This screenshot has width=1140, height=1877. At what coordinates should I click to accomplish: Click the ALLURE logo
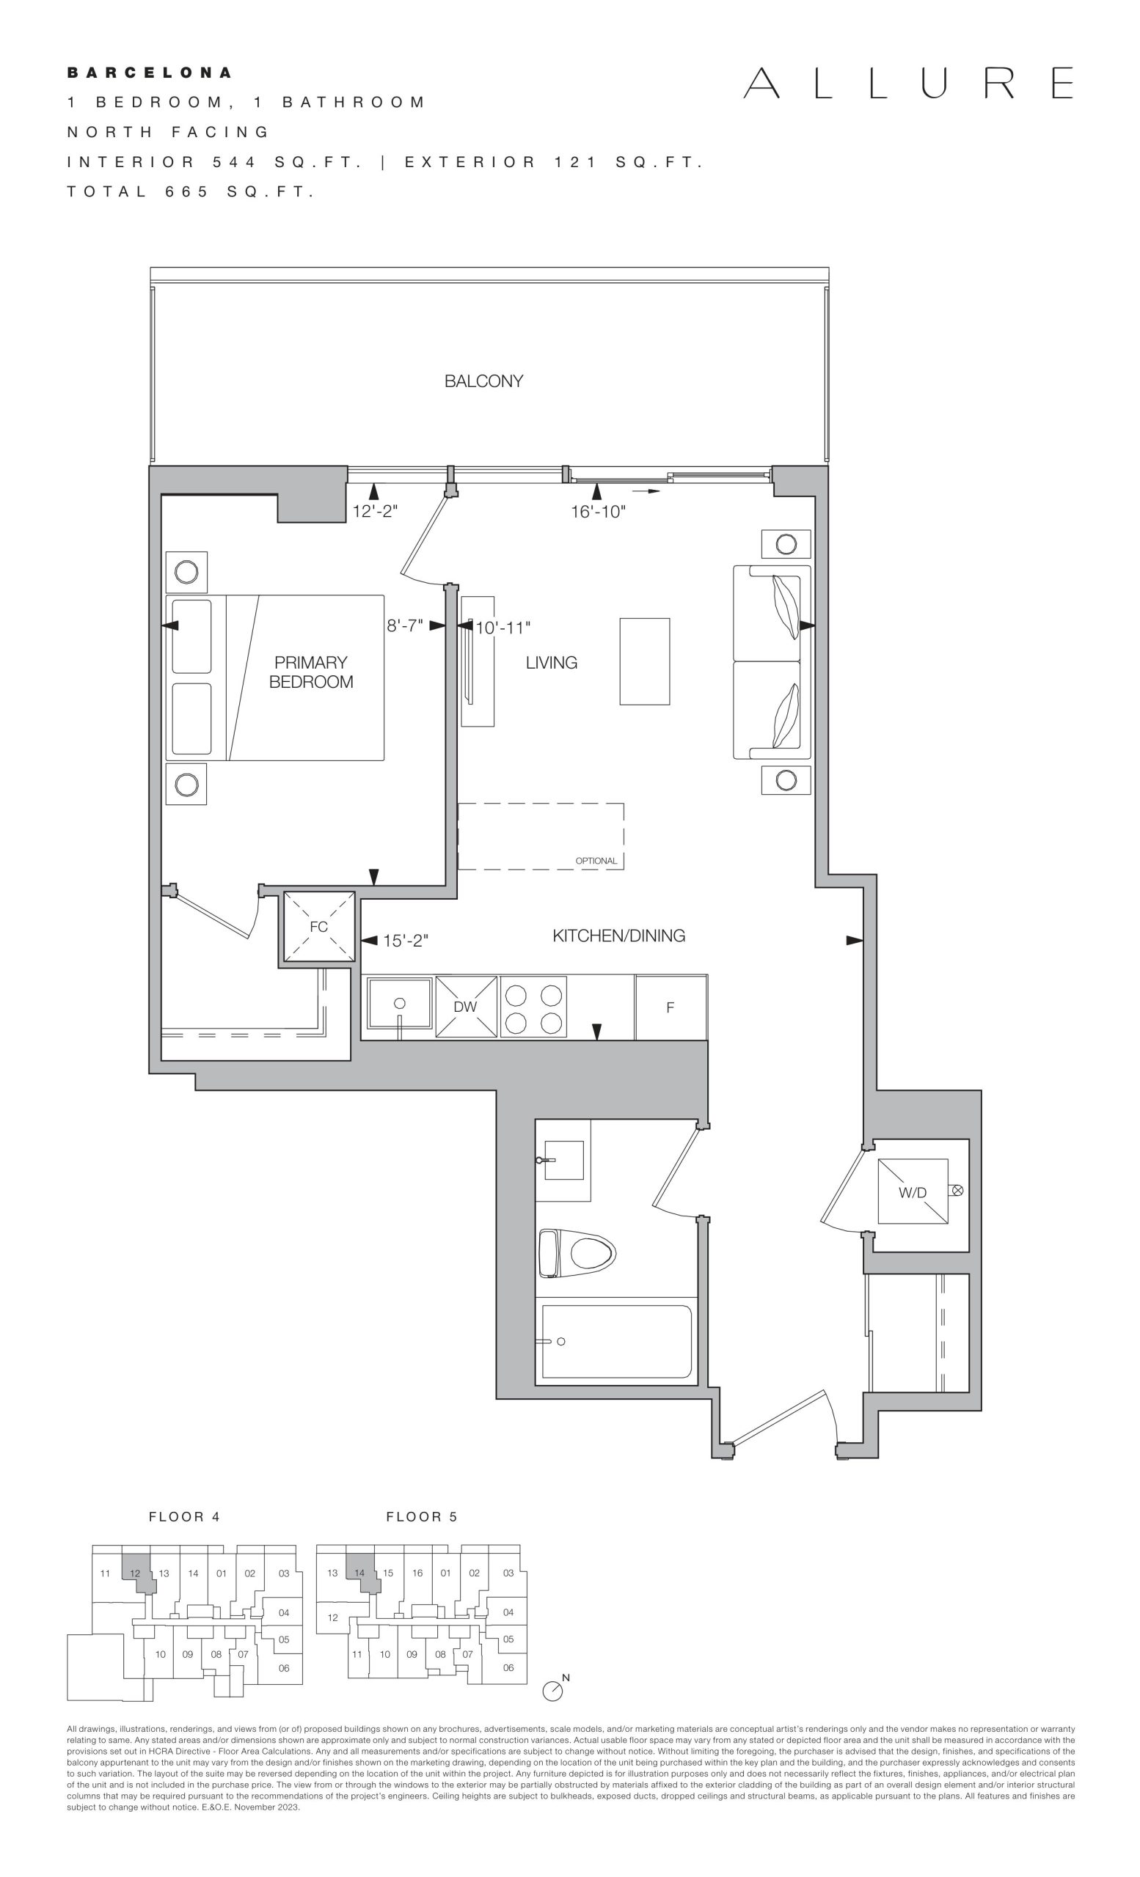908,83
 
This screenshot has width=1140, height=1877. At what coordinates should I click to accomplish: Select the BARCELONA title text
150,73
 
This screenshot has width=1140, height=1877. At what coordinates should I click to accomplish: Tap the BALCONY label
484,381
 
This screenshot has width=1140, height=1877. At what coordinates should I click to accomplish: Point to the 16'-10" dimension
598,512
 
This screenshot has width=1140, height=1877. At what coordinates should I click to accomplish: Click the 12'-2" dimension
375,511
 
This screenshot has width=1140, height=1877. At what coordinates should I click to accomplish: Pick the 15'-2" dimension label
406,941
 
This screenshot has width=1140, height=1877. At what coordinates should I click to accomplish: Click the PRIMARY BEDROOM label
311,672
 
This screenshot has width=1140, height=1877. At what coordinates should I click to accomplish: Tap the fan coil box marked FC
319,926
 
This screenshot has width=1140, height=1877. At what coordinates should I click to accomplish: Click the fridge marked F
671,1007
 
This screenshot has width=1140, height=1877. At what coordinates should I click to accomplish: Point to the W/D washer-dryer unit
913,1191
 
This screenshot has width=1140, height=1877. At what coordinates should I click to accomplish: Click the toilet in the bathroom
577,1252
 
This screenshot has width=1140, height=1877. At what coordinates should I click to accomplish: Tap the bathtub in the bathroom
616,1341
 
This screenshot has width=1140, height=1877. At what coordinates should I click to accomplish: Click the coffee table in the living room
645,661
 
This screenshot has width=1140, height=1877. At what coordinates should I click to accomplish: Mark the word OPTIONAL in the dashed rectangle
596,861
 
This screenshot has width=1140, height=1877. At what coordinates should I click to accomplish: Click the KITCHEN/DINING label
618,936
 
